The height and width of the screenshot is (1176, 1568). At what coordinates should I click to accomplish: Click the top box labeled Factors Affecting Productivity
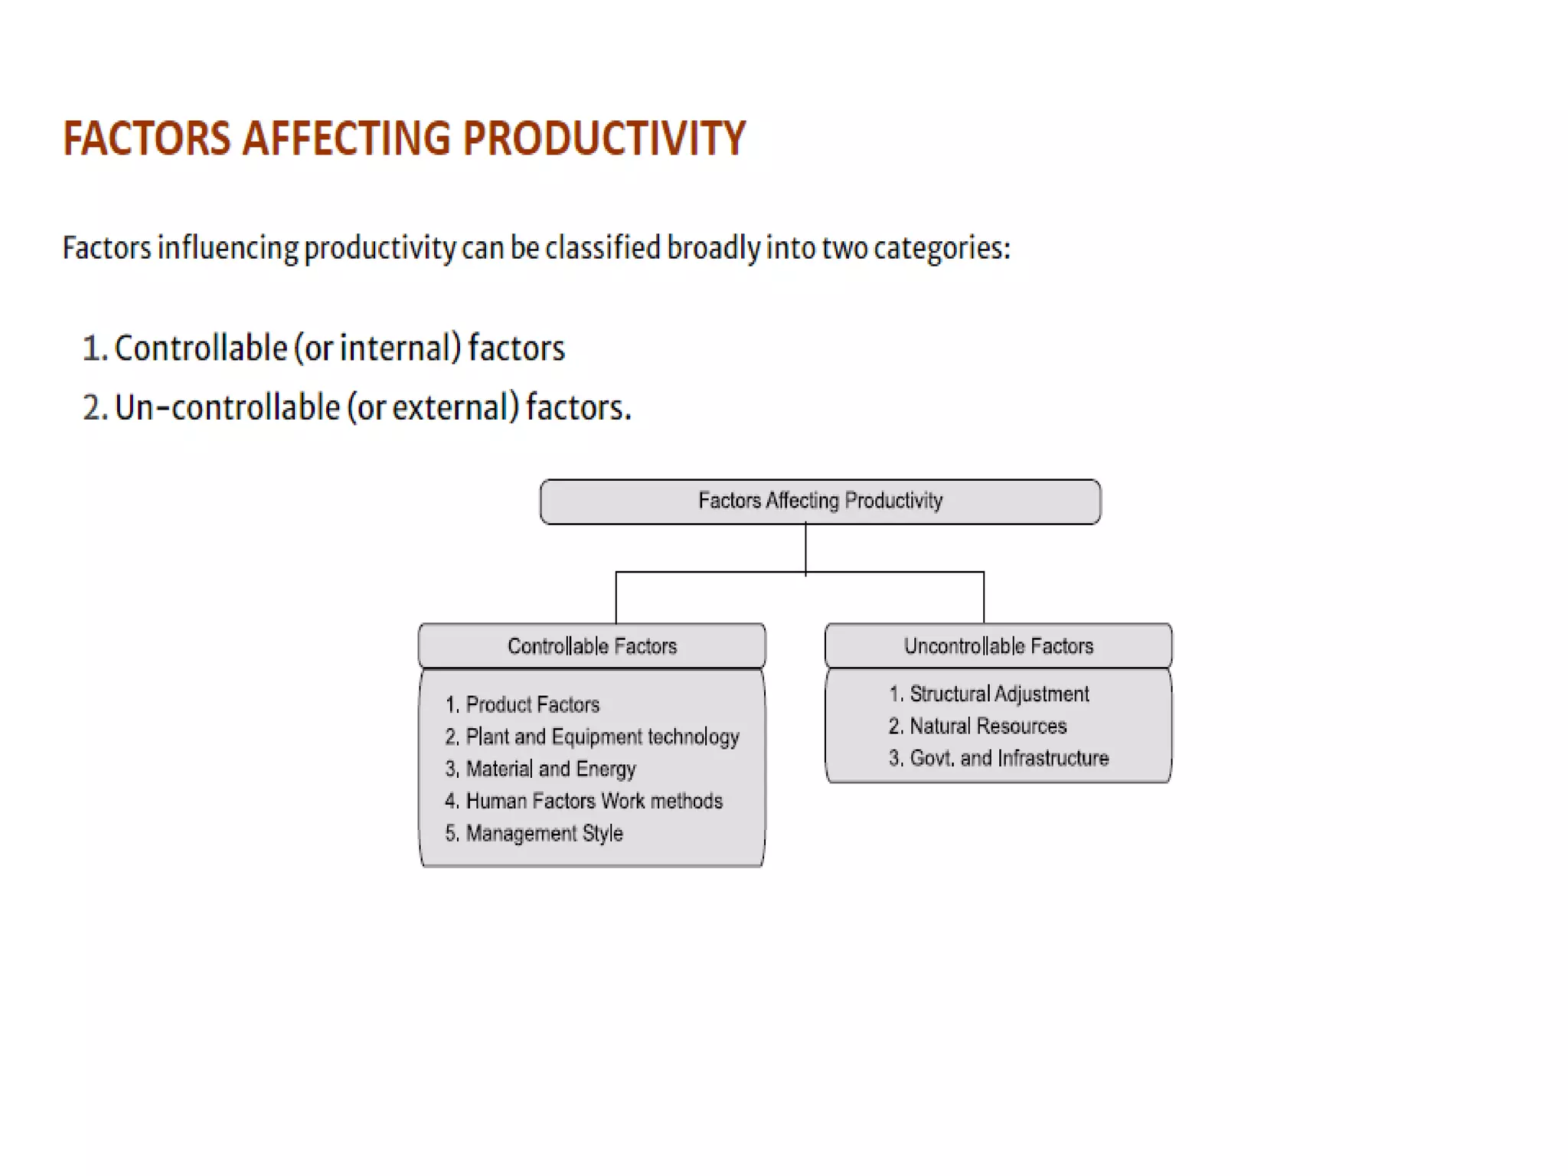tap(820, 501)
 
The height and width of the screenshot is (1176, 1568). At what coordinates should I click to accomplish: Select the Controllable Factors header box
tap(592, 646)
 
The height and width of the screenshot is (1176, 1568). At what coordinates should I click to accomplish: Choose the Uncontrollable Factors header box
tap(998, 646)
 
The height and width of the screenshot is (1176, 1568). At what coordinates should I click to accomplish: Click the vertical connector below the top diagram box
tap(805, 547)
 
